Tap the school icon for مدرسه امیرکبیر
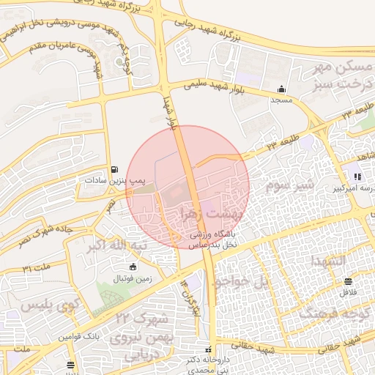tap(357, 177)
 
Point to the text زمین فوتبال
tap(130, 278)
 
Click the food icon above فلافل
tap(348, 281)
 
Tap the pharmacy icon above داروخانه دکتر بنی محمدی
tap(209, 349)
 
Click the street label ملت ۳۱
tap(37, 267)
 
